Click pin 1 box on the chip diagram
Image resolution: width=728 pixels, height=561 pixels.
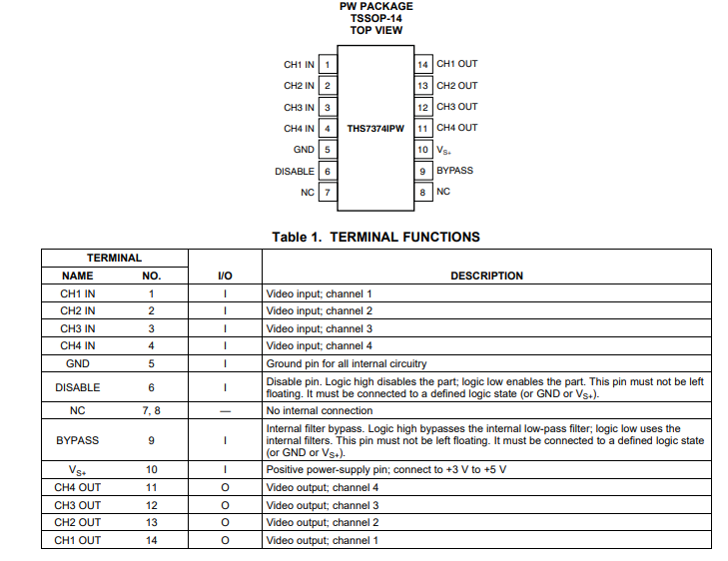[328, 65]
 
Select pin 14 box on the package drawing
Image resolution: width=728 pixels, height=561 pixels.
[423, 65]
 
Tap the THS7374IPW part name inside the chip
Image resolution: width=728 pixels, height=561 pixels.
[375, 128]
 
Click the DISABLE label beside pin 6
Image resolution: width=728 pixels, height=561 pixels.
[295, 171]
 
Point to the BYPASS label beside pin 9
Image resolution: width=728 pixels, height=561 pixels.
[454, 171]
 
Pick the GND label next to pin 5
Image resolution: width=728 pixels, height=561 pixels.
[304, 150]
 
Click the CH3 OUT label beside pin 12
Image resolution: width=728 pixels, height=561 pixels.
[456, 107]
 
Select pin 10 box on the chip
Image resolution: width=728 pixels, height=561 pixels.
[423, 150]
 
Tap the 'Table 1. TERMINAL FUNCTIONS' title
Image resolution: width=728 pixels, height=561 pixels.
[375, 237]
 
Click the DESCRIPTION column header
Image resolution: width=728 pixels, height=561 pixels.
[486, 276]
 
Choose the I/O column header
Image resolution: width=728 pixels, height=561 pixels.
[225, 276]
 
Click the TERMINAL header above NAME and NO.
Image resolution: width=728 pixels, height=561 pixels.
[114, 258]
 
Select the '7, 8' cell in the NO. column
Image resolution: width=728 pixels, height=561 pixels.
[151, 410]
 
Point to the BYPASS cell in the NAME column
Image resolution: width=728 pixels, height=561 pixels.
[77, 439]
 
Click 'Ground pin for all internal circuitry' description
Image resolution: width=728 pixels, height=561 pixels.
[347, 363]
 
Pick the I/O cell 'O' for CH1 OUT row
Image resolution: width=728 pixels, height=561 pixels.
[225, 540]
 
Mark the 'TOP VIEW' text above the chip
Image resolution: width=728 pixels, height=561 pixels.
[375, 30]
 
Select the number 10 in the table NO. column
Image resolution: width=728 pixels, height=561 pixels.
[151, 469]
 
